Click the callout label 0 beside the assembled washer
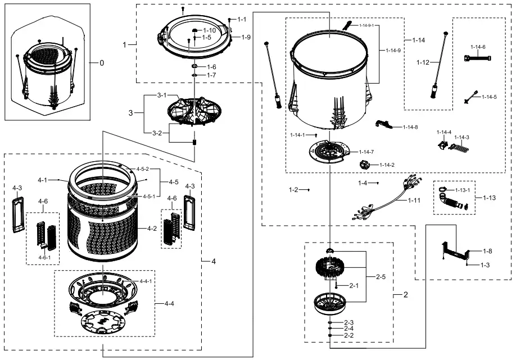[x=102, y=63]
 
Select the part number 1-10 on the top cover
[x=209, y=30]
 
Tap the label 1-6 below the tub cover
[x=211, y=67]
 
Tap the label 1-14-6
[x=478, y=47]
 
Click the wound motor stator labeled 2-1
[x=331, y=270]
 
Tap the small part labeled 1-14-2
[x=366, y=165]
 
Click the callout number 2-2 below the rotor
[x=348, y=335]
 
